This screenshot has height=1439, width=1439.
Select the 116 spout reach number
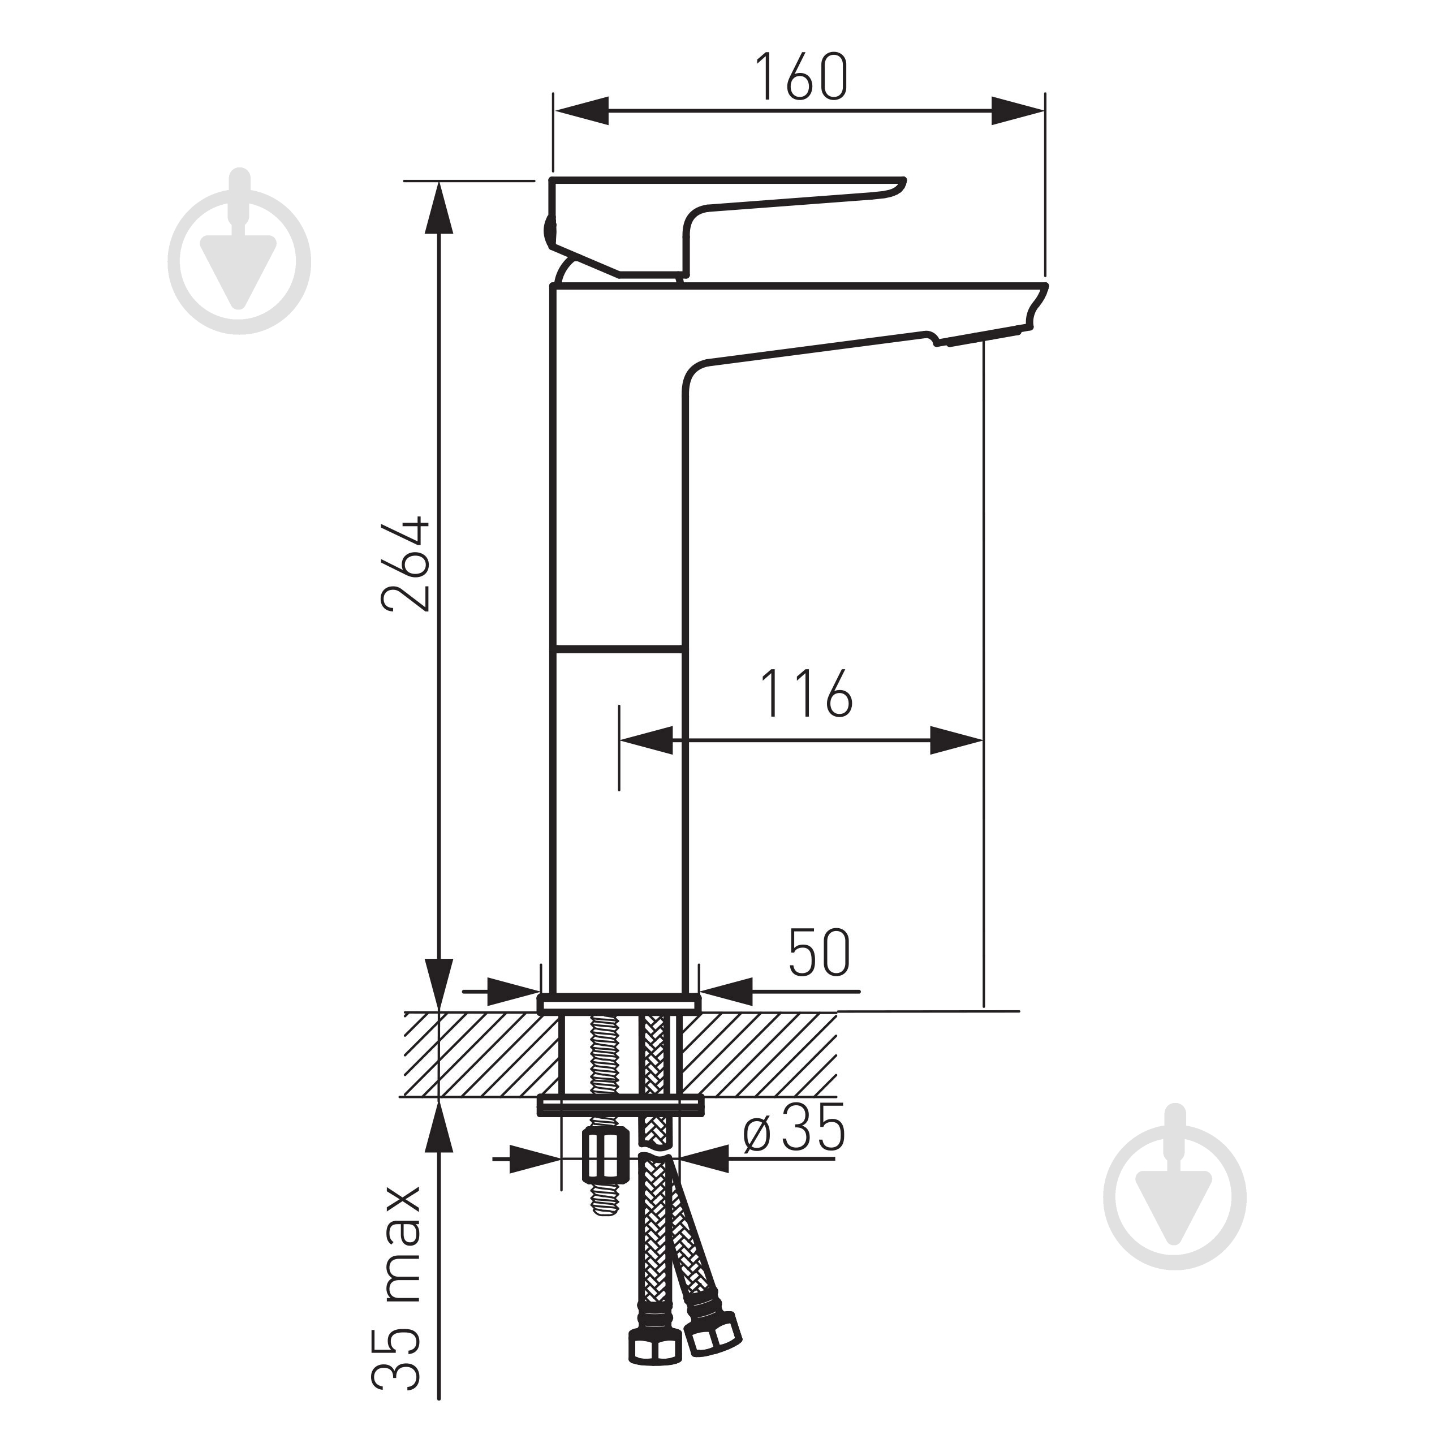pyautogui.click(x=806, y=693)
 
